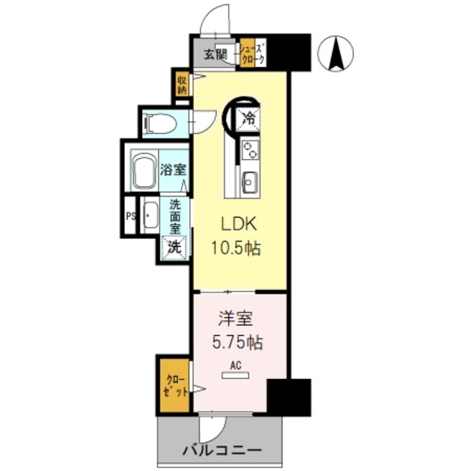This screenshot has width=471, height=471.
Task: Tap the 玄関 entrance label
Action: pyautogui.click(x=216, y=53)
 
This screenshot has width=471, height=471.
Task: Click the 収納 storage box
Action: pyautogui.click(x=182, y=82)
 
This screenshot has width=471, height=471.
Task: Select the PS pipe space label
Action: pyautogui.click(x=130, y=216)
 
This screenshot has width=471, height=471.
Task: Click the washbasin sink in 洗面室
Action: pyautogui.click(x=149, y=216)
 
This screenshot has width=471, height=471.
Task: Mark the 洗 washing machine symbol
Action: pyautogui.click(x=174, y=248)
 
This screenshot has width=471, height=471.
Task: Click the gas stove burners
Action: pyautogui.click(x=250, y=150)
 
